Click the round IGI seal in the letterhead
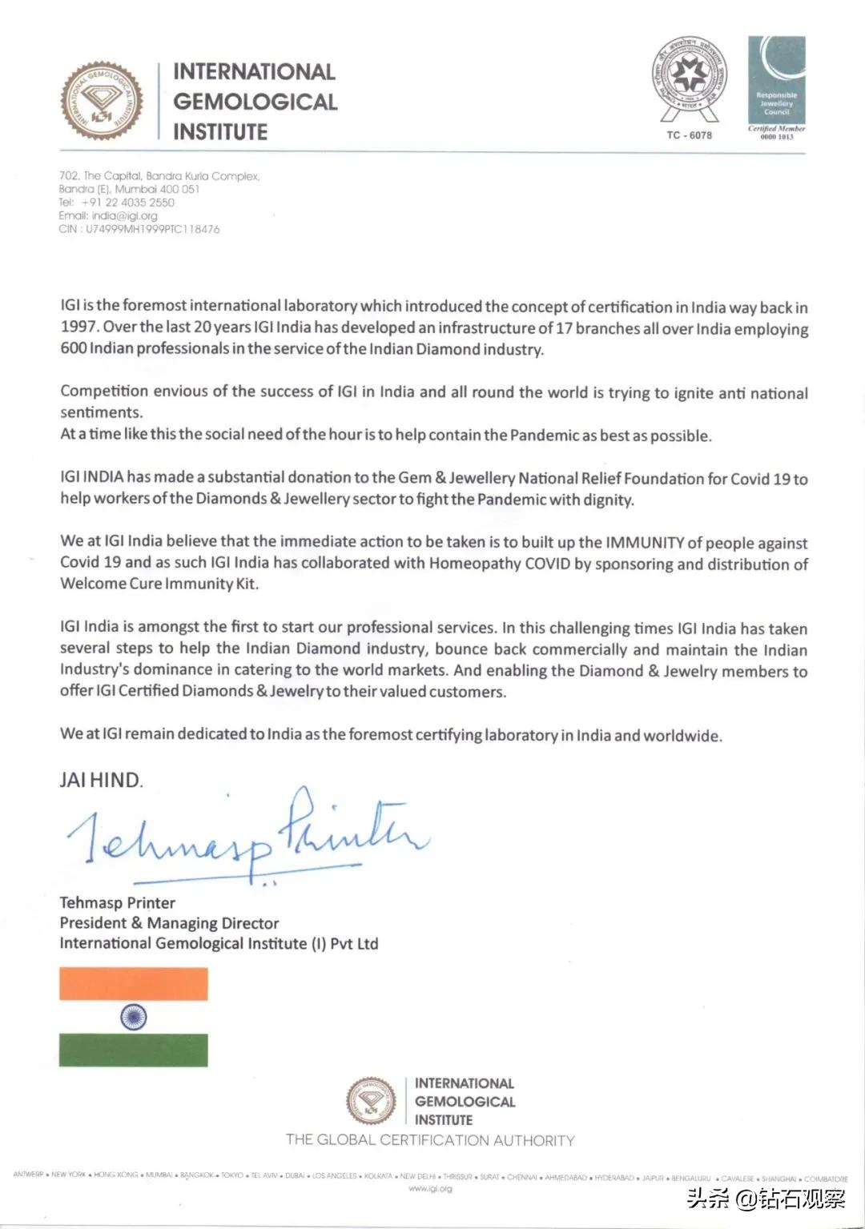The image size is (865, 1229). pyautogui.click(x=103, y=102)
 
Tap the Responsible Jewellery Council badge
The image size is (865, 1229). pyautogui.click(x=776, y=80)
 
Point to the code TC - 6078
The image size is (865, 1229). pyautogui.click(x=689, y=135)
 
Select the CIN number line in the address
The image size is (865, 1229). pyautogui.click(x=139, y=229)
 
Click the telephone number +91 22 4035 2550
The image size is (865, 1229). pyautogui.click(x=127, y=203)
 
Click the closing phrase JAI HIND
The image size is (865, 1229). pyautogui.click(x=101, y=780)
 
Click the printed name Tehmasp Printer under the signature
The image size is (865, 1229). pyautogui.click(x=117, y=902)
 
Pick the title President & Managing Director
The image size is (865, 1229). pyautogui.click(x=169, y=923)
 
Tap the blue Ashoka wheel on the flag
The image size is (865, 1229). pyautogui.click(x=134, y=1017)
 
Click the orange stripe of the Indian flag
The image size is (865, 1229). pyautogui.click(x=134, y=983)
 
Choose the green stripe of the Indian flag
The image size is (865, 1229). pyautogui.click(x=134, y=1050)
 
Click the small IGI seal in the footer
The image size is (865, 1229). pyautogui.click(x=371, y=1100)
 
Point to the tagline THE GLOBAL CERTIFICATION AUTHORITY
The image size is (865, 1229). pyautogui.click(x=430, y=1140)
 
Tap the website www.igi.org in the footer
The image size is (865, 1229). pyautogui.click(x=430, y=1189)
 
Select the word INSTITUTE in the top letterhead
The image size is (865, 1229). pyautogui.click(x=220, y=132)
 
